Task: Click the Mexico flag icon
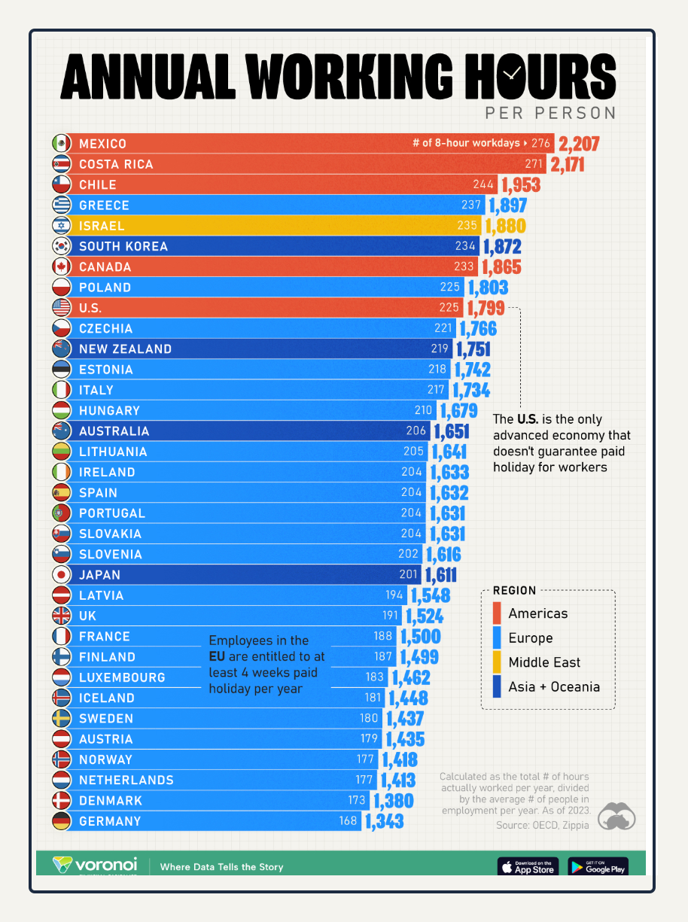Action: point(61,143)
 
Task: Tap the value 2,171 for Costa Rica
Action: point(568,164)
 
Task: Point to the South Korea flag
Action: point(61,246)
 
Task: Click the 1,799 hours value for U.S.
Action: point(486,308)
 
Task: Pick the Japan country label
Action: point(100,574)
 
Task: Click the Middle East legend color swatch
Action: point(497,662)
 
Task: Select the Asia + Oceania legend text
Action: point(554,686)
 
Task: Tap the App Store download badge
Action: point(528,866)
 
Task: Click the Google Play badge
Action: point(598,866)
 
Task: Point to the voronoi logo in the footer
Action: point(95,865)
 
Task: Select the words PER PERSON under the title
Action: point(551,113)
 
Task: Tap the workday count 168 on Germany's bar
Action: point(348,821)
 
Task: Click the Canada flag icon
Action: point(61,266)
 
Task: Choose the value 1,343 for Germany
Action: point(385,821)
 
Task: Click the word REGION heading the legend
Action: point(515,591)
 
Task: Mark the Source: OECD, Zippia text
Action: point(542,826)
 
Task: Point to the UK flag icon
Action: point(61,616)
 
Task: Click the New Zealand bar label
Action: point(126,349)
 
